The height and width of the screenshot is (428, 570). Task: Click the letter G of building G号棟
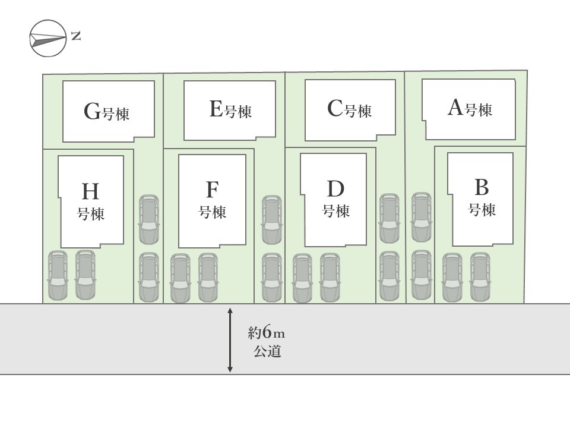coord(92,111)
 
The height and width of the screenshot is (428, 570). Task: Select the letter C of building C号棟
coord(335,108)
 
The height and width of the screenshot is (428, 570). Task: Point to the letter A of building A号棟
coord(455,108)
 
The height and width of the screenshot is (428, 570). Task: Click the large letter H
coord(90,191)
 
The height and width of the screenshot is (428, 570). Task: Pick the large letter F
coord(213,190)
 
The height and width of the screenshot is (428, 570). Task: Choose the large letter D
coord(335,188)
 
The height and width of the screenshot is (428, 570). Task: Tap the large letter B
coord(482,187)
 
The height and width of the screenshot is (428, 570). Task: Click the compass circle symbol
coord(48,38)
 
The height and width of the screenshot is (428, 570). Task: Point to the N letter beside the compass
coord(76,36)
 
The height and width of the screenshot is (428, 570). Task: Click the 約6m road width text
coord(266,333)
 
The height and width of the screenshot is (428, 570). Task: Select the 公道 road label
coord(268,351)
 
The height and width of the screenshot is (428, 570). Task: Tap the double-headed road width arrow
coord(230,340)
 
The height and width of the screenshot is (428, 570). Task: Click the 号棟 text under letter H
coord(91,213)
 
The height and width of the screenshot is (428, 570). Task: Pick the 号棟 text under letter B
coord(482,210)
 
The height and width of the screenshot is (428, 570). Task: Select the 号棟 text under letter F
coord(213,212)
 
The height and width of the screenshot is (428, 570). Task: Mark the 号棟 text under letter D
coord(336,211)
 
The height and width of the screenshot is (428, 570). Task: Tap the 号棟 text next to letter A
coord(479,110)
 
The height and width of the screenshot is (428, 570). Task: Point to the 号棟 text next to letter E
coord(239,111)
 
